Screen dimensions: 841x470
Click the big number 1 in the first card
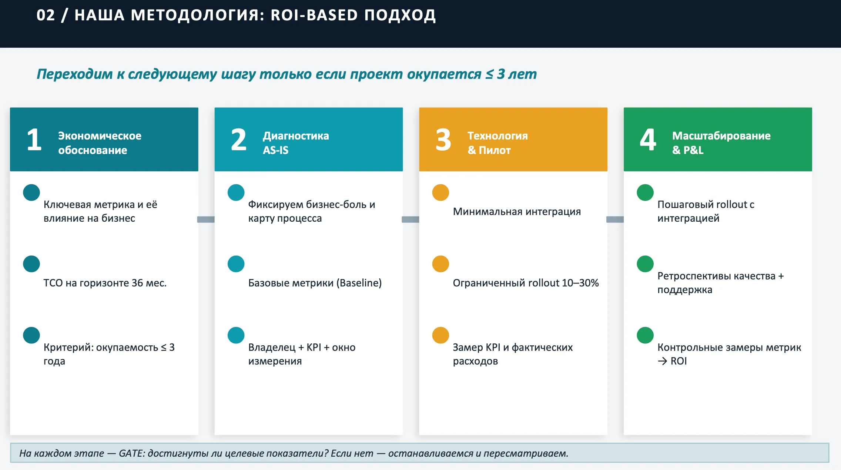point(34,140)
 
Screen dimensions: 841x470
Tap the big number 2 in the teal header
point(239,140)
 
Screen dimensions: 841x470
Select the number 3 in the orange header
point(443,140)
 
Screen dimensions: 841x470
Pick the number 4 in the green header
point(648,140)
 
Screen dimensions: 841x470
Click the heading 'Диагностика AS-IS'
point(296,143)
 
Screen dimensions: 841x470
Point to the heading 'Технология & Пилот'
point(497,143)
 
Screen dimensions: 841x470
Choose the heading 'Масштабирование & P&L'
point(721,143)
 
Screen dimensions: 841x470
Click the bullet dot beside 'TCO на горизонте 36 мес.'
point(31,264)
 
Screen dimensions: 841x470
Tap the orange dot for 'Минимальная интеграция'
point(440,192)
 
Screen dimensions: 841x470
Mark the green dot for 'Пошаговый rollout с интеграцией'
point(645,192)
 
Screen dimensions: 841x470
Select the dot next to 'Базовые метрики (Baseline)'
point(236,264)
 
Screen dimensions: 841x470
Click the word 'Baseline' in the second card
point(359,283)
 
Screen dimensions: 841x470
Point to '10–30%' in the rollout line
point(580,283)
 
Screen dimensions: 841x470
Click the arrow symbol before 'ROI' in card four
point(663,361)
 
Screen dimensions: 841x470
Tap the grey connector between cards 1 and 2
point(206,219)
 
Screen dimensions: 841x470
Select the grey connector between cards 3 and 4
point(615,219)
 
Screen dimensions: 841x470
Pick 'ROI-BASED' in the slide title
point(314,15)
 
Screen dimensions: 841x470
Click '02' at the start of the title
point(46,15)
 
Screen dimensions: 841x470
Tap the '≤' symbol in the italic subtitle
point(489,74)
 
